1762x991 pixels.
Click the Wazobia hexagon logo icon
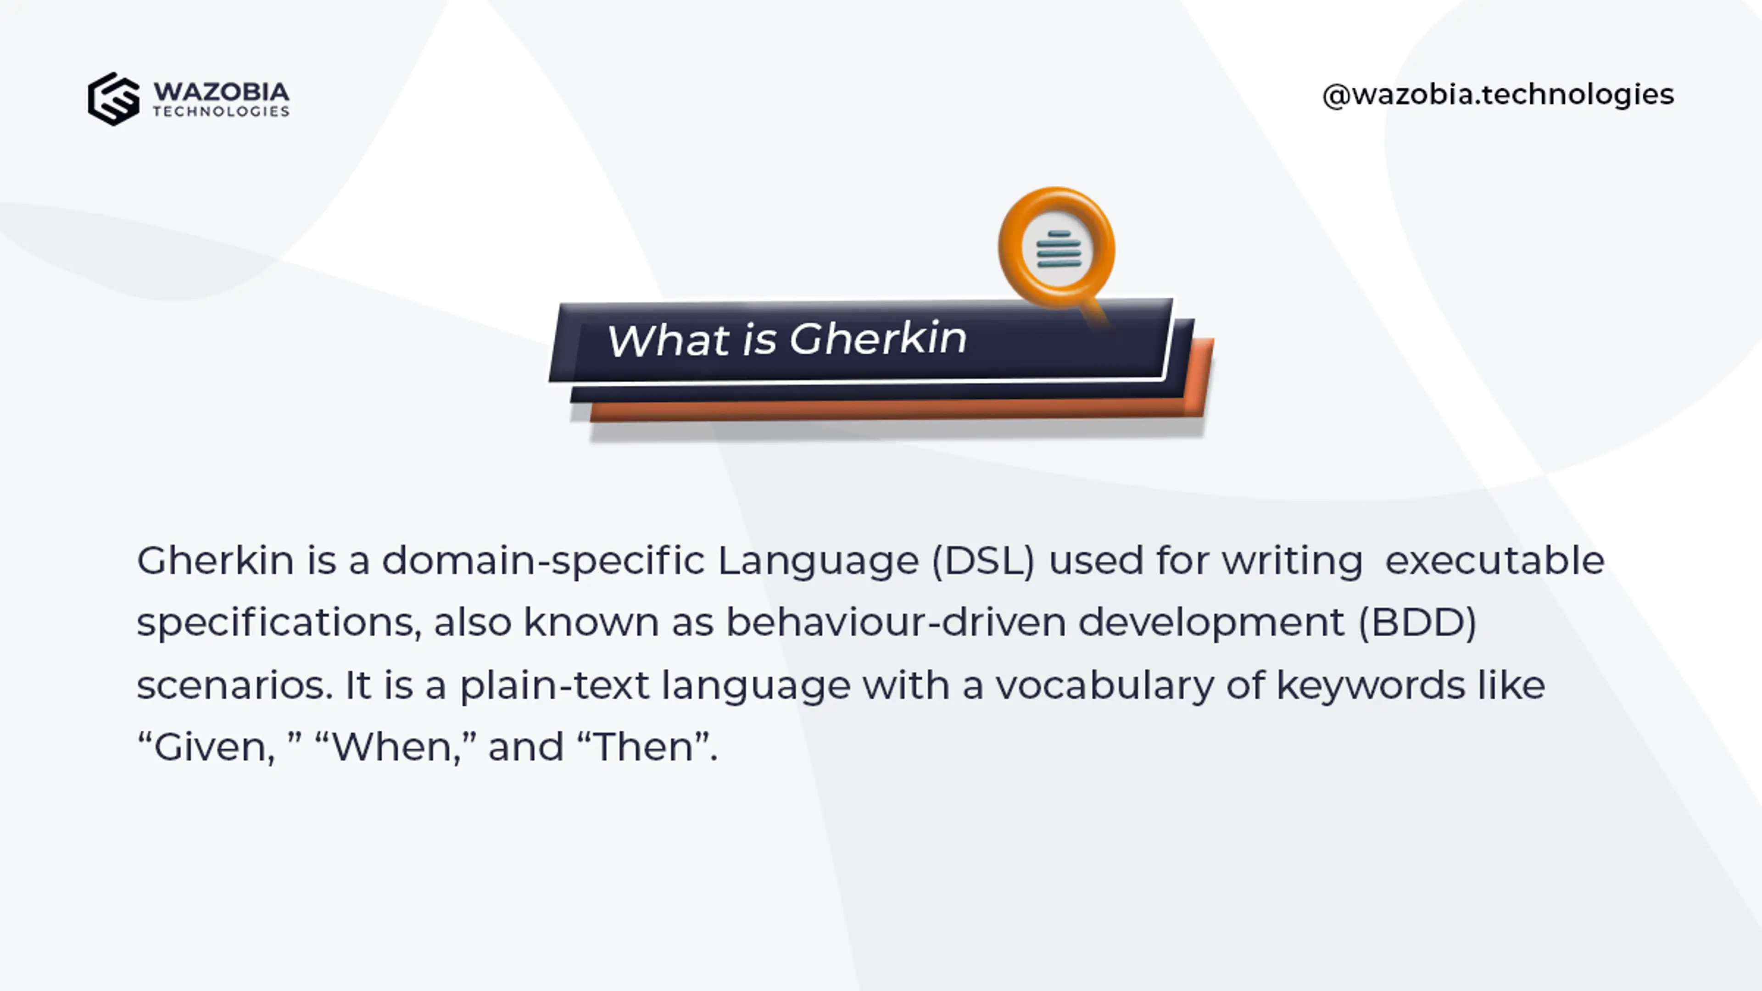(x=113, y=99)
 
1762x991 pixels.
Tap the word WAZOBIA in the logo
(x=221, y=92)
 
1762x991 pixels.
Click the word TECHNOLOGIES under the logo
(x=221, y=111)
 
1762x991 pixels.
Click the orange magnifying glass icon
(x=1057, y=248)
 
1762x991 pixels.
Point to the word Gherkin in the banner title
(x=878, y=339)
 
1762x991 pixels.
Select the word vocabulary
(x=1104, y=685)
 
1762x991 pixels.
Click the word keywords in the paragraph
(x=1371, y=685)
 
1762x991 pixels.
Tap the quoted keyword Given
(x=213, y=747)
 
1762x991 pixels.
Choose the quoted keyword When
(x=396, y=747)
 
